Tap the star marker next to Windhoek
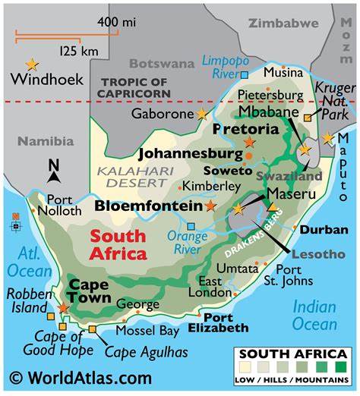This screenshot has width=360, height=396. [32, 64]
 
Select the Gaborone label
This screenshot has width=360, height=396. [162, 114]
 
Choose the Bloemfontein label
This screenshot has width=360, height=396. [149, 206]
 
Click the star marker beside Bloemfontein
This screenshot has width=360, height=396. [210, 206]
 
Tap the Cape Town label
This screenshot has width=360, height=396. [90, 292]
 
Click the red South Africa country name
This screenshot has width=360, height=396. [118, 244]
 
